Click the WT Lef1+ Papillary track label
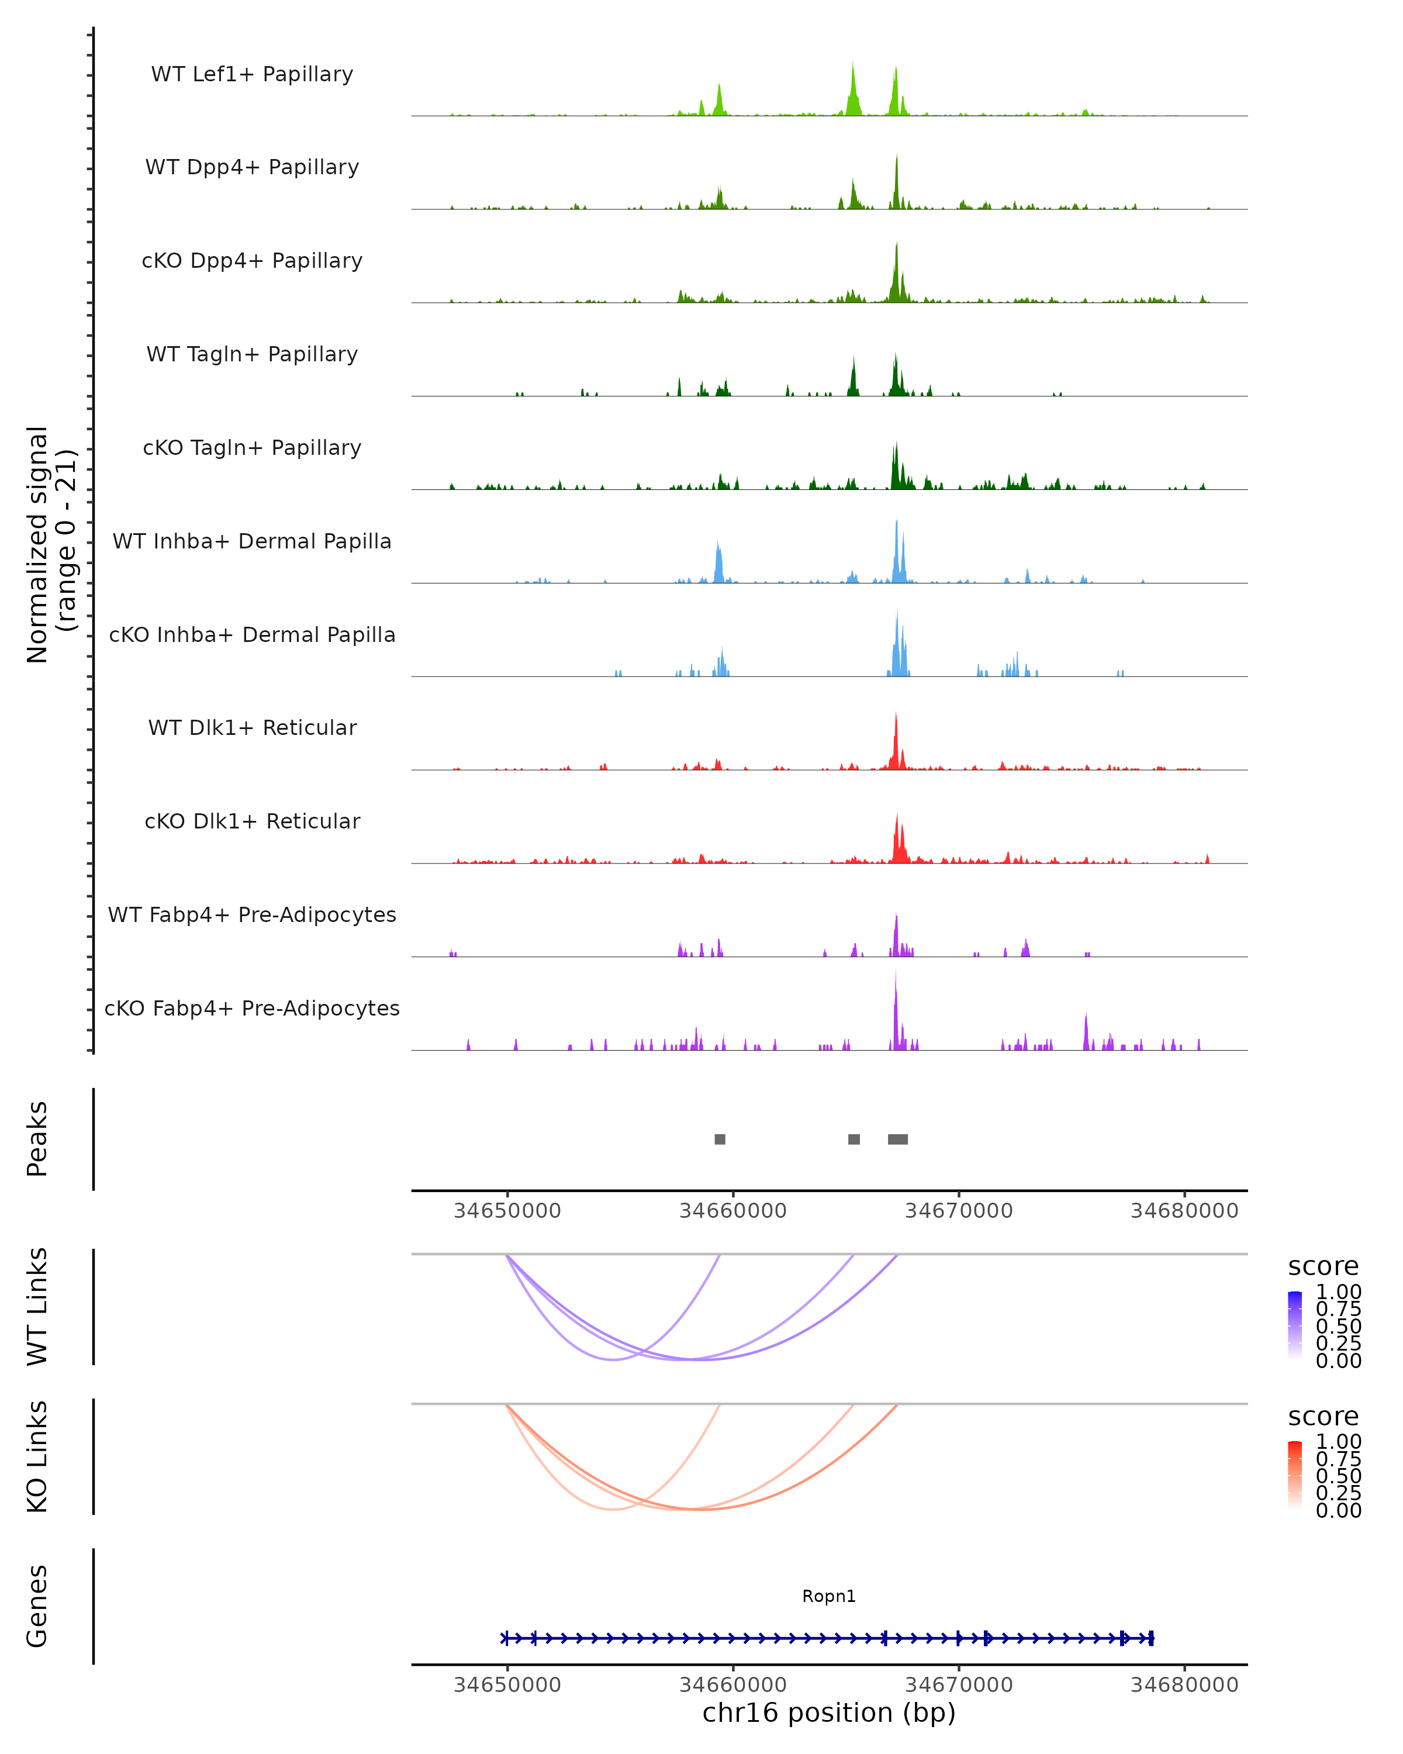pyautogui.click(x=252, y=74)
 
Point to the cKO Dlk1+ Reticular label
pyautogui.click(x=252, y=821)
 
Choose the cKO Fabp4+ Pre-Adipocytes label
pyautogui.click(x=252, y=1008)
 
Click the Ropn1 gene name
pyautogui.click(x=829, y=1596)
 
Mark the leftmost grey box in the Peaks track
pyautogui.click(x=720, y=1139)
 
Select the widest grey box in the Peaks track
pyautogui.click(x=898, y=1139)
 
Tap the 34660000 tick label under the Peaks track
pyautogui.click(x=733, y=1211)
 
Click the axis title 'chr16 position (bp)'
pyautogui.click(x=829, y=1712)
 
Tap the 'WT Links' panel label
pyautogui.click(x=37, y=1307)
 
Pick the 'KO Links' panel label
pyautogui.click(x=37, y=1456)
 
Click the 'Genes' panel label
pyautogui.click(x=37, y=1606)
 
